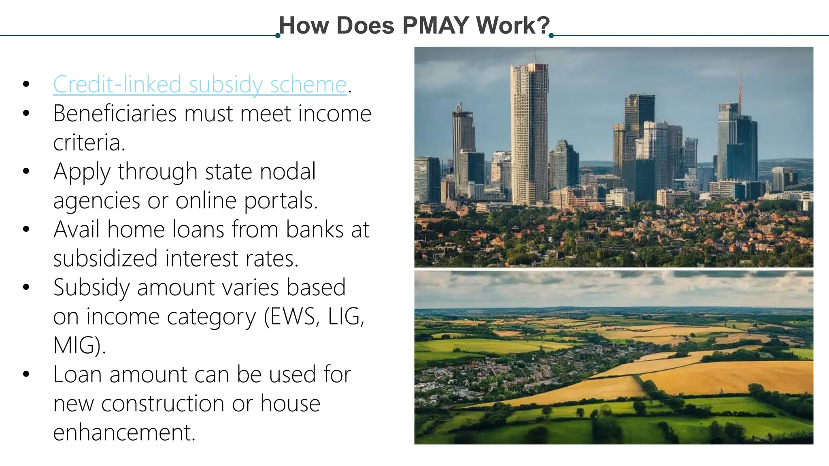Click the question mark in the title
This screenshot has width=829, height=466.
point(543,25)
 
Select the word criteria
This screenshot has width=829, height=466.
point(89,142)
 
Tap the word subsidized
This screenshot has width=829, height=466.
point(105,258)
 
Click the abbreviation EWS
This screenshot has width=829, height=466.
point(293,316)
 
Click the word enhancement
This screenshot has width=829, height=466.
point(124,432)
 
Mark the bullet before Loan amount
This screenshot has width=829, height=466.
point(26,374)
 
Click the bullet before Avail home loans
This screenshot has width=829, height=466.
point(26,229)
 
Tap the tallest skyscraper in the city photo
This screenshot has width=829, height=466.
point(529,133)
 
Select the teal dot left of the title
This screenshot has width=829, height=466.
point(278,36)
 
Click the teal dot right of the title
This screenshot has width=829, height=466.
point(551,36)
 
